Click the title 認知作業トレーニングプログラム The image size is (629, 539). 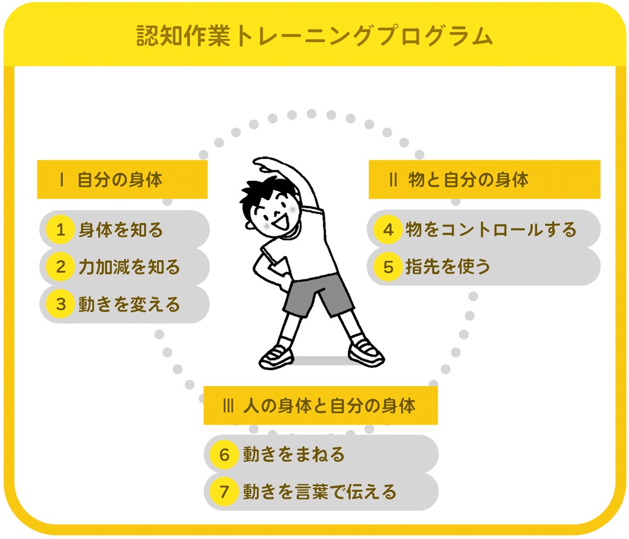(x=314, y=36)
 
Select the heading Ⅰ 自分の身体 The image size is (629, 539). (x=111, y=179)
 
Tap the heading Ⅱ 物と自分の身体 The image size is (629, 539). (x=459, y=179)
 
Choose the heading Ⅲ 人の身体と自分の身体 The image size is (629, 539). (x=319, y=406)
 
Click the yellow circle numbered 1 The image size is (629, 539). (x=60, y=230)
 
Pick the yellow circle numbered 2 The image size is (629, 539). (x=60, y=267)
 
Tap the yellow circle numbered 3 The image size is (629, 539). (x=60, y=304)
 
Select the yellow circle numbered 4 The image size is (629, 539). (x=388, y=230)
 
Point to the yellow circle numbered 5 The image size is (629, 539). (x=388, y=267)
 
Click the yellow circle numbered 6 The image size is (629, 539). (x=225, y=454)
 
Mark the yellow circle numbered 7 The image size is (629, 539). (x=225, y=491)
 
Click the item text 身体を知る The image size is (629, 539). (x=121, y=230)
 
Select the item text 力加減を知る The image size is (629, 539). (x=129, y=267)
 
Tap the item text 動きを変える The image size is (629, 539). (x=129, y=304)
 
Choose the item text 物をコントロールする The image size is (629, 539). (x=491, y=230)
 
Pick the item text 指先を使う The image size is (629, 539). (x=448, y=267)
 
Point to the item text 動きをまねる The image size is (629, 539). (x=294, y=454)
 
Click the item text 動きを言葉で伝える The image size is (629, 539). (x=320, y=491)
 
